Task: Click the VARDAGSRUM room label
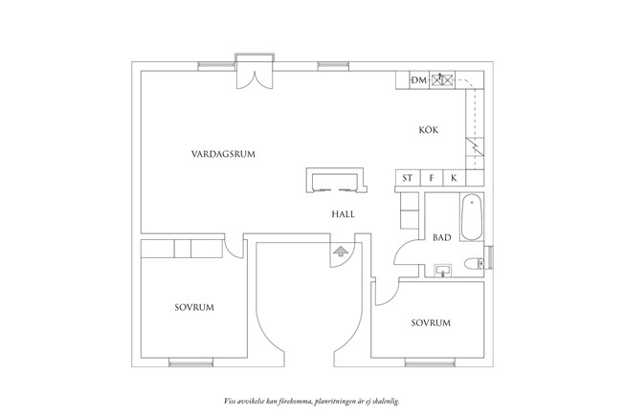(223, 154)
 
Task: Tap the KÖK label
(429, 130)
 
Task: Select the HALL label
(343, 214)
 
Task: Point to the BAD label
(442, 238)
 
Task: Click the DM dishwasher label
(418, 80)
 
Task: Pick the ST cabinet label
(407, 178)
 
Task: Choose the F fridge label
(432, 178)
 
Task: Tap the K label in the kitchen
(454, 178)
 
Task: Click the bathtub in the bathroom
(472, 217)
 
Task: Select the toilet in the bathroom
(475, 263)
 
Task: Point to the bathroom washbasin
(443, 270)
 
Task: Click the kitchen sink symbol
(442, 80)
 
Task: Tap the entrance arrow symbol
(341, 252)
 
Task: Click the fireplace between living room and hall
(336, 180)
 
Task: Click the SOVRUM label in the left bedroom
(194, 307)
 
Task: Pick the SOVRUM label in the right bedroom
(431, 323)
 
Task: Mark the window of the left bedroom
(191, 362)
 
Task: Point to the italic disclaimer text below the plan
(312, 402)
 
